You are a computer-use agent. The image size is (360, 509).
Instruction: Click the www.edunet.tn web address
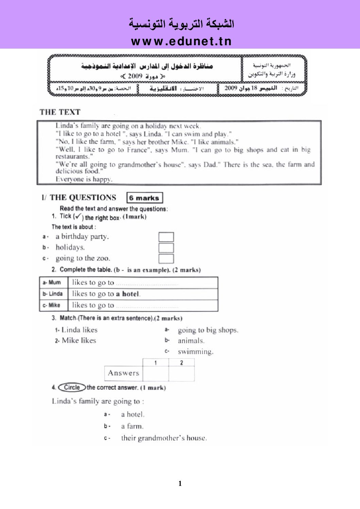181,41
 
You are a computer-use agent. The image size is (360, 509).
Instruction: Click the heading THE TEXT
60,112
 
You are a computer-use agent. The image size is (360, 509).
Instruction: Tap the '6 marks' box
144,198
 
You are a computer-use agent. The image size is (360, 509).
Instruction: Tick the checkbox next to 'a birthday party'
166,237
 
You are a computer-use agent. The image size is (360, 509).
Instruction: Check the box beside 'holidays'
166,248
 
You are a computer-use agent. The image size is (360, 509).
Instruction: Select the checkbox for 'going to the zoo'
166,259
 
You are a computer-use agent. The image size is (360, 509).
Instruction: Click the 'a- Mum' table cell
54,283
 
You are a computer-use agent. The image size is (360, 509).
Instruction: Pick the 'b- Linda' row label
54,294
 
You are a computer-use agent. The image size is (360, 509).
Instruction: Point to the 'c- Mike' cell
54,305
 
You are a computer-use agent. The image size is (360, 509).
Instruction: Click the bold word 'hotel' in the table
131,294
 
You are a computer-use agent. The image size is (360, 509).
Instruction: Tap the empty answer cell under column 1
156,374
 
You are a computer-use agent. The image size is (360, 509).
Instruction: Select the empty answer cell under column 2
181,374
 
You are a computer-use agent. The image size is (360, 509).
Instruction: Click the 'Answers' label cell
124,373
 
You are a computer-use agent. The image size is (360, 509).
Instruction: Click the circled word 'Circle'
72,387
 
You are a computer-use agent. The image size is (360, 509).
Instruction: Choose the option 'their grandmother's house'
164,438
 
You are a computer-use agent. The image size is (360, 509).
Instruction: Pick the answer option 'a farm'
132,426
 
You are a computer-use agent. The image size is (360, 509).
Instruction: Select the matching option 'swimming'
196,352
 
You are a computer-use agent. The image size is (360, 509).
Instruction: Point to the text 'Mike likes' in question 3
79,340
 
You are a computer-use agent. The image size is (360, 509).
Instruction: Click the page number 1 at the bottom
180,483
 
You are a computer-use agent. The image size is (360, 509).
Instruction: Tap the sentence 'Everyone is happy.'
84,179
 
